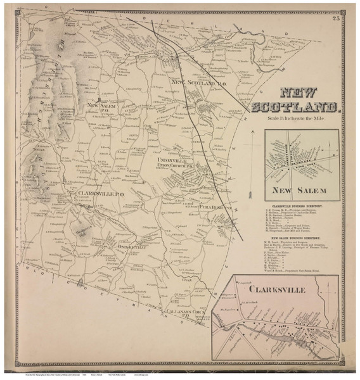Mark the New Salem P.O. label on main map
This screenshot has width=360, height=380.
pos(100,107)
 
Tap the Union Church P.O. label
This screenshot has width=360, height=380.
pos(178,168)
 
